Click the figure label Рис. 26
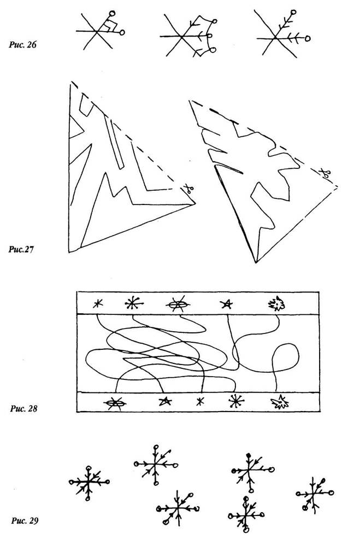[22, 45]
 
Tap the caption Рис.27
[21, 250]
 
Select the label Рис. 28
[23, 408]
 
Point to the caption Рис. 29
[25, 520]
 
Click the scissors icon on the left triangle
[188, 189]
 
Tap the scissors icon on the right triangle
[325, 173]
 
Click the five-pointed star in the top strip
[227, 304]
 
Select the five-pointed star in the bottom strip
[165, 402]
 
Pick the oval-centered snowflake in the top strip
[178, 305]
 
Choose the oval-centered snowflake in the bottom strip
[115, 403]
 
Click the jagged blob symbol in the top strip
[277, 304]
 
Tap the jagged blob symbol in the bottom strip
[280, 402]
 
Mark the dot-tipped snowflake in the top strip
[133, 304]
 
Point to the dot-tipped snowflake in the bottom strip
[237, 402]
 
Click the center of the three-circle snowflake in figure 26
[181, 36]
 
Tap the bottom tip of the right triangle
[256, 262]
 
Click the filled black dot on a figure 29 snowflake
[248, 455]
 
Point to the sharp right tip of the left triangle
[195, 204]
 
